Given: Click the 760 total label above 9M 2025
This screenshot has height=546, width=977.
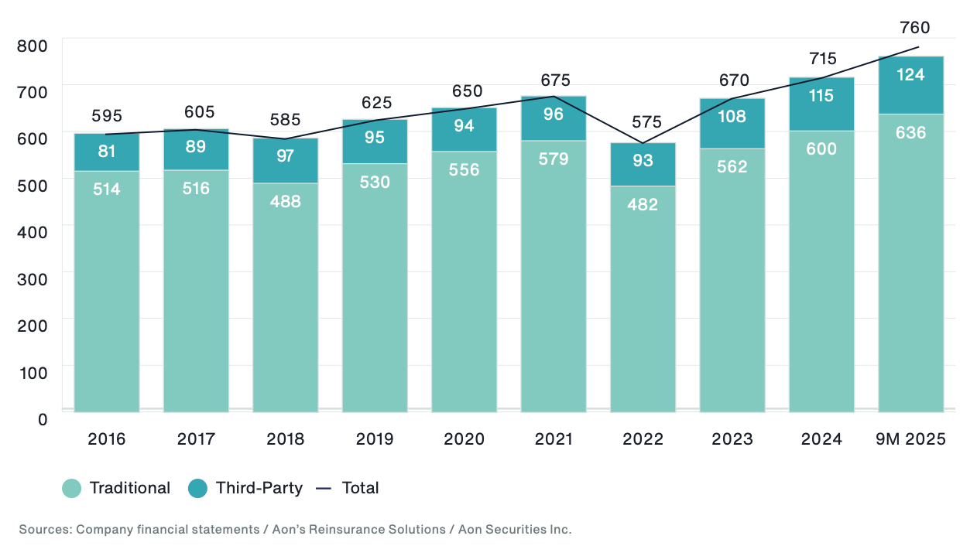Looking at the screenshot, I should [914, 28].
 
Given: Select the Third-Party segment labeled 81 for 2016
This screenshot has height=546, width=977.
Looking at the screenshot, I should [107, 152].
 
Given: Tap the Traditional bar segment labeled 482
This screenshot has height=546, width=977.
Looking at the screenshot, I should [643, 298].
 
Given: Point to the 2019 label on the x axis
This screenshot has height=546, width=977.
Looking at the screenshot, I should [375, 439].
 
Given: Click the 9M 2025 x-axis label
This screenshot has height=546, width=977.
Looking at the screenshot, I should [910, 439].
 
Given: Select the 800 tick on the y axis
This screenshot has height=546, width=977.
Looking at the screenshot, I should [32, 46].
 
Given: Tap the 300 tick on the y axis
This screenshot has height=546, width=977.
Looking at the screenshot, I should [32, 278].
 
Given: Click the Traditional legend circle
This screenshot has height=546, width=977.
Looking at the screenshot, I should [71, 488].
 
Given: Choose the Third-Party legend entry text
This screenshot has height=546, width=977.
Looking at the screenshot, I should [259, 488].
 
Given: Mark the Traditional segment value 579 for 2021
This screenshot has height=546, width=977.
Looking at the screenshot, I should [554, 159].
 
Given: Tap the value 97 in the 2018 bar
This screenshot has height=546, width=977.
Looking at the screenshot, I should [286, 155].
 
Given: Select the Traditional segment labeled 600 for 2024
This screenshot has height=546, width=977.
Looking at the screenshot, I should [821, 148].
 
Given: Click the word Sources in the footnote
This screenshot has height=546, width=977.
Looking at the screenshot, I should [44, 530].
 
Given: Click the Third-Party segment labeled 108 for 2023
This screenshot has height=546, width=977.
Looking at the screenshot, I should [732, 116].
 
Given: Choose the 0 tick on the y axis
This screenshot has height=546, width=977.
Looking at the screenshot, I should [43, 419].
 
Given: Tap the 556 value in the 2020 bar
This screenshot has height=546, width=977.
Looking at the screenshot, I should [464, 169].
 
